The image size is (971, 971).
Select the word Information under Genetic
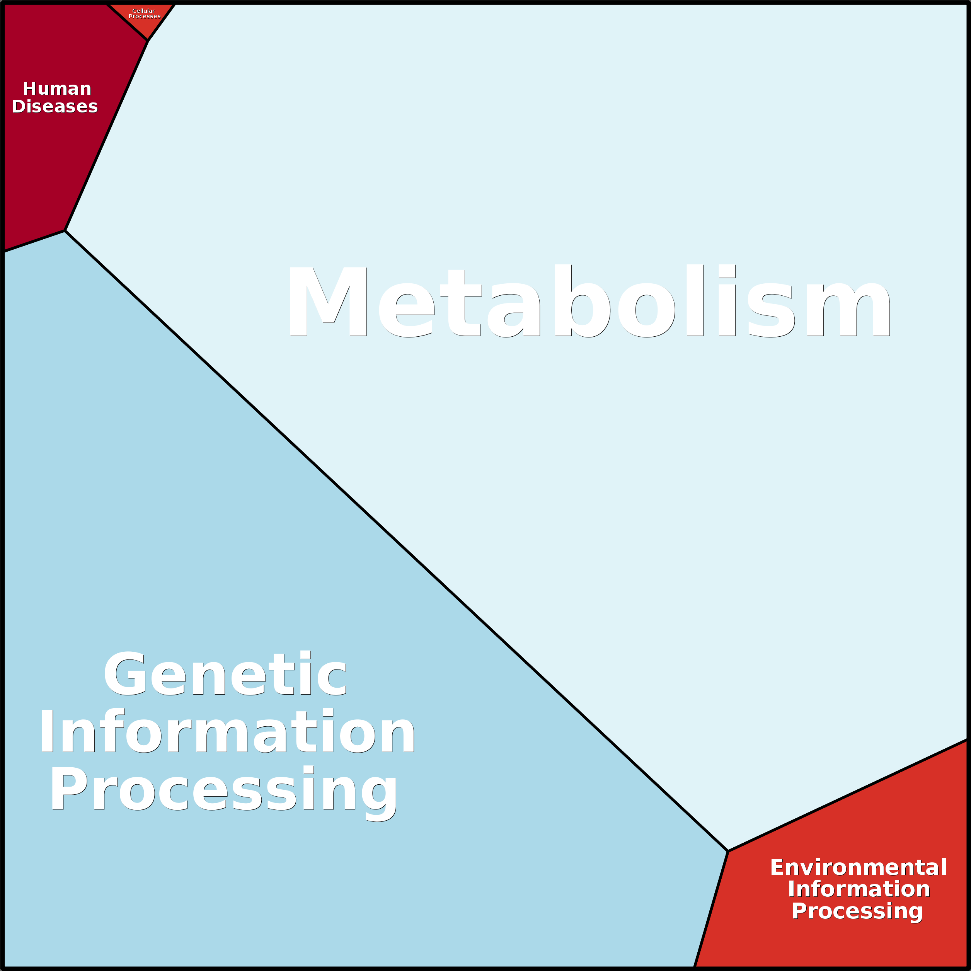tap(227, 732)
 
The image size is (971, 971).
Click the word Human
tap(57, 89)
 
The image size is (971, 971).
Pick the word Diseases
tap(55, 107)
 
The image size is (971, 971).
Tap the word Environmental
tap(859, 867)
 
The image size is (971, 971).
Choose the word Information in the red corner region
tap(859, 889)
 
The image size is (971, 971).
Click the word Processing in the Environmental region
tap(857, 911)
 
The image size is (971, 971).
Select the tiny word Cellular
tap(143, 10)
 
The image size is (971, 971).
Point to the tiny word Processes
tap(144, 17)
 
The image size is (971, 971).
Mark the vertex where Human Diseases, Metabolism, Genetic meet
tap(65, 231)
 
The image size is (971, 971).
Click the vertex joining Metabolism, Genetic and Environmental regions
tap(728, 852)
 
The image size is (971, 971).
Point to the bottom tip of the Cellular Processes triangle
tap(148, 40)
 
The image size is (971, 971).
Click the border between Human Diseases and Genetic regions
tap(34, 241)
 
